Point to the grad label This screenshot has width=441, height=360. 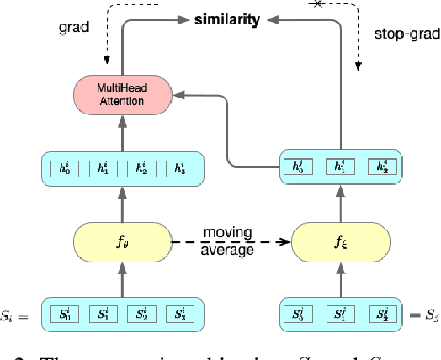pos(75,26)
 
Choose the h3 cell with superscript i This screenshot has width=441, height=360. pos(177,168)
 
